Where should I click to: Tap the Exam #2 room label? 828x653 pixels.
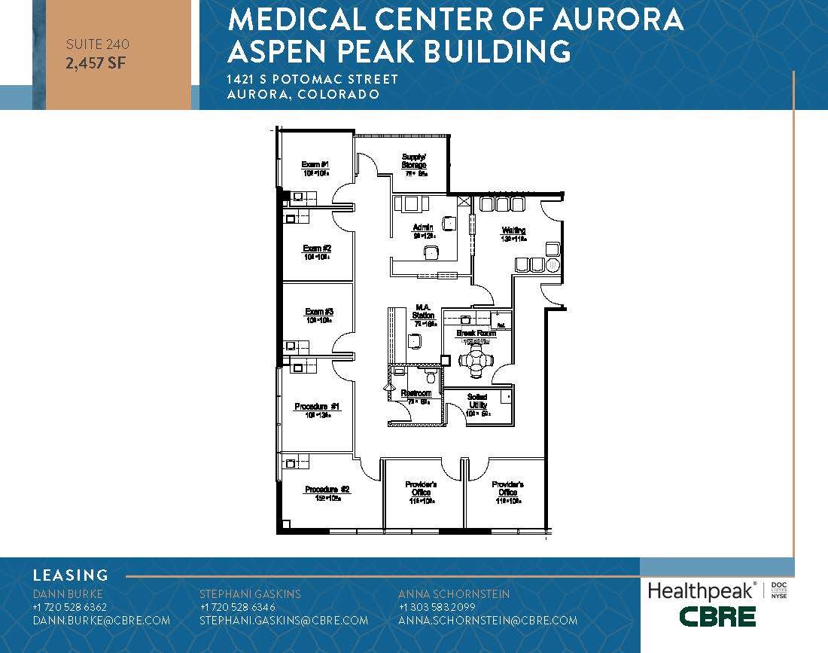click(x=318, y=249)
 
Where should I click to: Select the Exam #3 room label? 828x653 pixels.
click(x=319, y=312)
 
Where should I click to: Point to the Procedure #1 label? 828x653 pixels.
click(x=318, y=407)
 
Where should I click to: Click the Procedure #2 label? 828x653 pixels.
click(x=327, y=490)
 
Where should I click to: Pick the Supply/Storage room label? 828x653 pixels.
click(x=413, y=161)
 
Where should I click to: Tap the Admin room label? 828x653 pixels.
click(x=422, y=227)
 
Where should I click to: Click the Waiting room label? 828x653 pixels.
click(x=513, y=230)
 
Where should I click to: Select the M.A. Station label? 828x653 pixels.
click(x=423, y=311)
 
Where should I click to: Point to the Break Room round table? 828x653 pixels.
click(x=476, y=361)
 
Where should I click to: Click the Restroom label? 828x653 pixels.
click(x=416, y=394)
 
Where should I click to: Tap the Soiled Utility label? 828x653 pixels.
click(x=477, y=401)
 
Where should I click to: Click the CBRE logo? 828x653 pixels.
click(x=717, y=616)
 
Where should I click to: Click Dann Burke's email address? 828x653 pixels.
click(x=102, y=621)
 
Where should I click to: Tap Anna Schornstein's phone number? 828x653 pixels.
click(x=437, y=607)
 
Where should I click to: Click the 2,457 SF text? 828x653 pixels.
click(x=96, y=63)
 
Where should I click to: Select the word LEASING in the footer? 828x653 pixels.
click(x=71, y=575)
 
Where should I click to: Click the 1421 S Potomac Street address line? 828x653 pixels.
click(x=312, y=80)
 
